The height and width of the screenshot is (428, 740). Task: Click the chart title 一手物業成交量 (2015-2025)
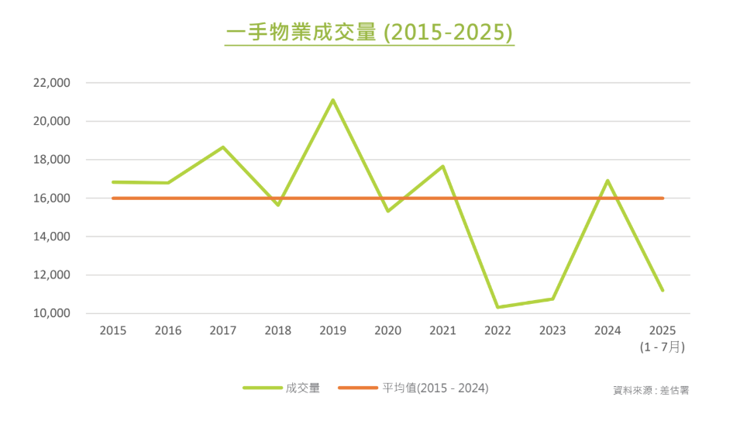click(x=370, y=33)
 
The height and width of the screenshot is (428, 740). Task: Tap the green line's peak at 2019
click(x=332, y=100)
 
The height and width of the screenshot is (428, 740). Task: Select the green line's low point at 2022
click(x=497, y=307)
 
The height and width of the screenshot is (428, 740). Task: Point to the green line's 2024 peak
click(x=607, y=181)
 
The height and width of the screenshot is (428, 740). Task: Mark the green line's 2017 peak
click(x=223, y=147)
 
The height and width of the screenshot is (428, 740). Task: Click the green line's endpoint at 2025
click(x=663, y=290)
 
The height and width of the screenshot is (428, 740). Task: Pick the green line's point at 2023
click(x=552, y=299)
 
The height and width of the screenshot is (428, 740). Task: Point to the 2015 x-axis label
click(x=113, y=331)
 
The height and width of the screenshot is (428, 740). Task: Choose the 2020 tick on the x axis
click(x=387, y=331)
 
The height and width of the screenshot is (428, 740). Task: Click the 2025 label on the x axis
click(x=663, y=331)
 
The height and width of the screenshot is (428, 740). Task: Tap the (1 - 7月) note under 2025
click(x=663, y=347)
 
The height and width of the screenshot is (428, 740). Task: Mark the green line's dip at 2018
click(x=277, y=205)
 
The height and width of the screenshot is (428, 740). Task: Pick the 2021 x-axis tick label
click(x=442, y=331)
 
